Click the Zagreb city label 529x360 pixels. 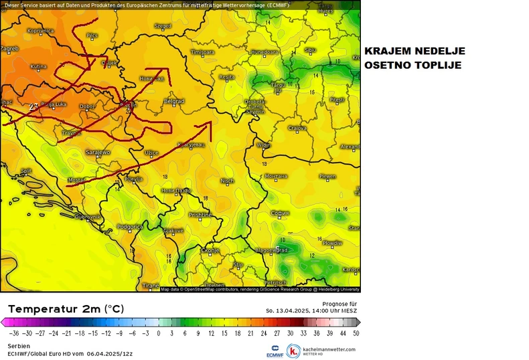click(9, 48)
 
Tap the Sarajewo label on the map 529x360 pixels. click(98, 152)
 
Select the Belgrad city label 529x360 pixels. click(173, 102)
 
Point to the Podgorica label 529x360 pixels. click(130, 228)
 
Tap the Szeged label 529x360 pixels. click(163, 26)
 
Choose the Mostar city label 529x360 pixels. click(77, 180)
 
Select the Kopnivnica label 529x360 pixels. click(40, 31)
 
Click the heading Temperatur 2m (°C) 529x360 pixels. click(66, 308)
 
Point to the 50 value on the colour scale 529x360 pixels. click(356, 333)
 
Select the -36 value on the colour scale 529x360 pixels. click(14, 333)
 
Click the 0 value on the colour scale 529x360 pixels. click(159, 333)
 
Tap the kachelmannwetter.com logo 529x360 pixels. click(321, 351)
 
